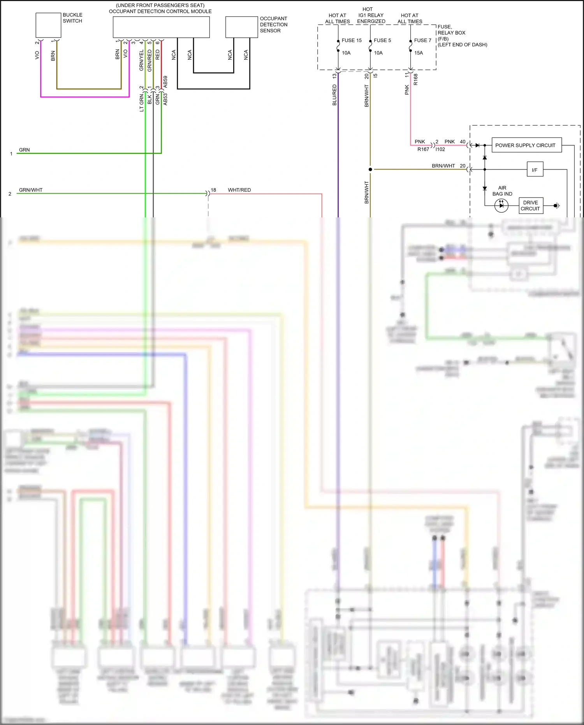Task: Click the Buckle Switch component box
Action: tap(48, 25)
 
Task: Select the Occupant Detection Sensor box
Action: tap(241, 27)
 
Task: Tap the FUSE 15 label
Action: tap(352, 41)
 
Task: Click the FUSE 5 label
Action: tap(382, 41)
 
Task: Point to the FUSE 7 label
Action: tap(422, 41)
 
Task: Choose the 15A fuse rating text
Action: tap(419, 53)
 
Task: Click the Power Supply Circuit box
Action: tap(526, 145)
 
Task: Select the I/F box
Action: tap(535, 170)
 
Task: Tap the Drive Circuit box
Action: tap(531, 205)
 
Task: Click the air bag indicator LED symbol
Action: tap(501, 205)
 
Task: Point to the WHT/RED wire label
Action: tap(239, 190)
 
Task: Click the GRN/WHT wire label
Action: tap(31, 190)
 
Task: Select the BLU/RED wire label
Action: tap(334, 95)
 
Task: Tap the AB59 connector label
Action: tap(165, 82)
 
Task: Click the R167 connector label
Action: tap(423, 149)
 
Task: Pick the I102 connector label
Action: tap(440, 149)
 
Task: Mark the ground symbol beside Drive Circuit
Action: tap(557, 205)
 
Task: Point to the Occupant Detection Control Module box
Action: tap(161, 27)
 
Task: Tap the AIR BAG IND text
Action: tap(502, 191)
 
